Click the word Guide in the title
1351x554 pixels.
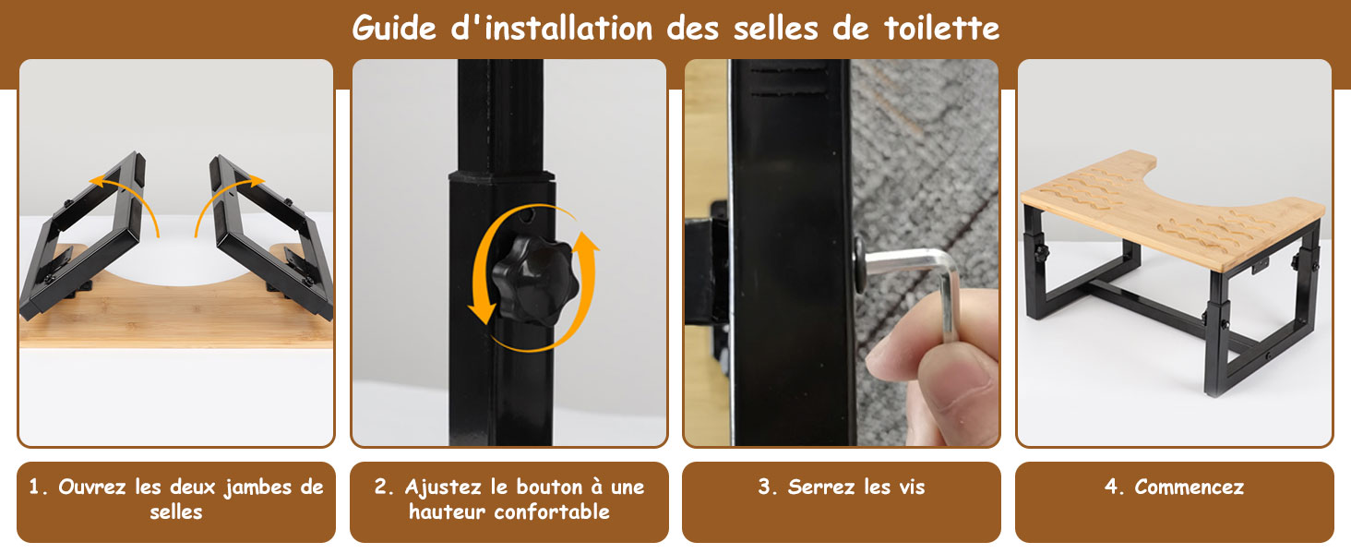tap(394, 29)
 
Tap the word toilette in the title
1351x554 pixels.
tap(941, 28)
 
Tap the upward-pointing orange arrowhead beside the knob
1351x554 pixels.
tap(584, 240)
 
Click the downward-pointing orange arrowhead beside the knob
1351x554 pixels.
tap(482, 312)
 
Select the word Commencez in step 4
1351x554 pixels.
tap(1189, 487)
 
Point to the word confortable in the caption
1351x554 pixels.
tap(551, 512)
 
